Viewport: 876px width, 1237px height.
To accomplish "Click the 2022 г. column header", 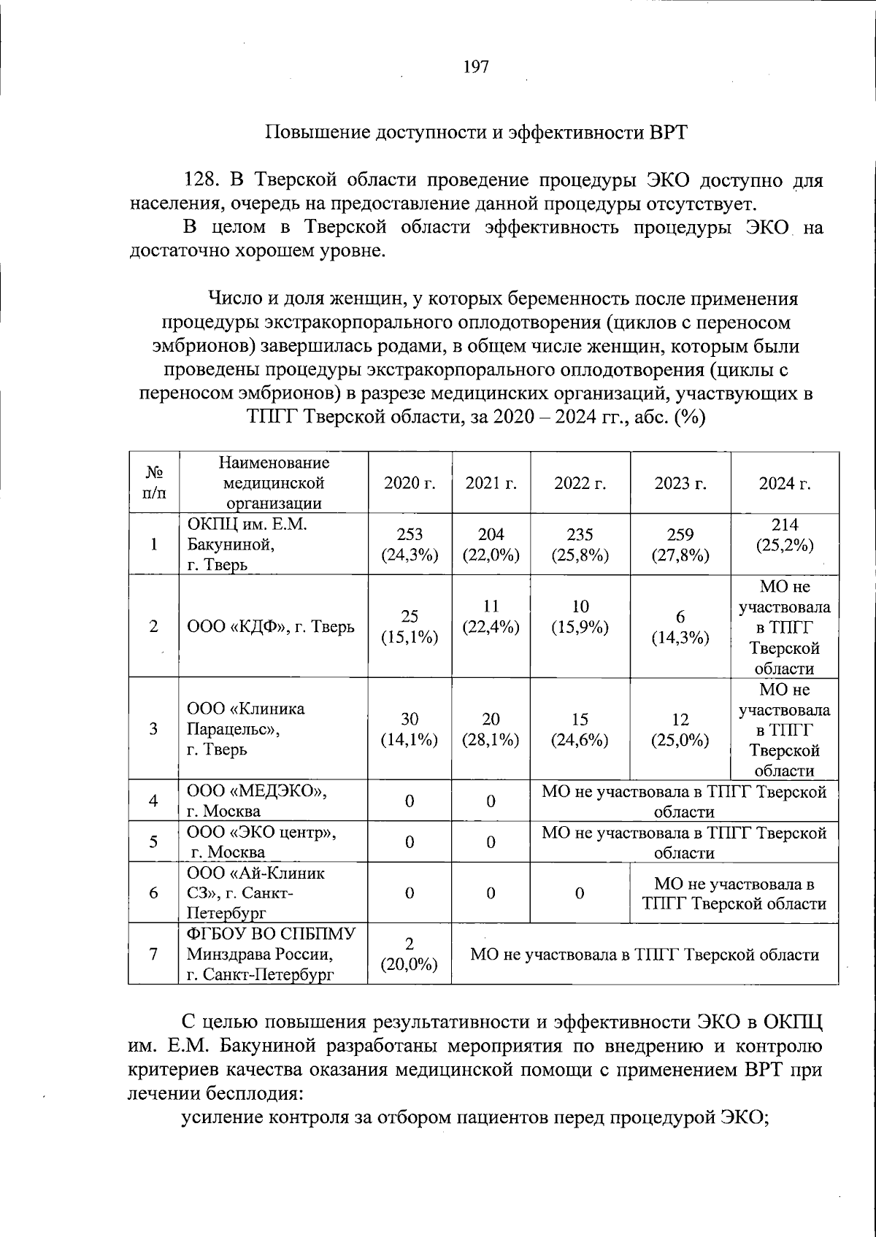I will pyautogui.click(x=580, y=483).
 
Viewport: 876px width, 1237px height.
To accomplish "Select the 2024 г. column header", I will pyautogui.click(x=785, y=483).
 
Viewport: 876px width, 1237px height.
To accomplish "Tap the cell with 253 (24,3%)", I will pyautogui.click(x=410, y=544).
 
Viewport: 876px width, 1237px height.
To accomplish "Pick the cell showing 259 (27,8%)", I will pyautogui.click(x=680, y=544).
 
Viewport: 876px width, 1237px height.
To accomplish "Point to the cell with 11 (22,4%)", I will pyautogui.click(x=491, y=617).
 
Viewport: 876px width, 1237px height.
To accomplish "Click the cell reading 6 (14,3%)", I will pyautogui.click(x=680, y=627).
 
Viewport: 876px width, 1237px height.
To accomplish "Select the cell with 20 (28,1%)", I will pyautogui.click(x=491, y=729).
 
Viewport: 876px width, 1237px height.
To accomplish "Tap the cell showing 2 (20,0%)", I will pyautogui.click(x=410, y=954).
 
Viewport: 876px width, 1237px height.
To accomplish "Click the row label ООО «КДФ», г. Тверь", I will pyautogui.click(x=271, y=627).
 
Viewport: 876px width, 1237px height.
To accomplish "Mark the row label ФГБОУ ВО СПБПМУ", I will pyautogui.click(x=271, y=935).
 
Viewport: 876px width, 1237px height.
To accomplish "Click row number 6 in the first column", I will pyautogui.click(x=153, y=893).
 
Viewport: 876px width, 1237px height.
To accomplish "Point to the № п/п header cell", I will pyautogui.click(x=153, y=483).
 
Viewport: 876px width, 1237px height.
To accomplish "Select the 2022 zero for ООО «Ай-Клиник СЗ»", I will pyautogui.click(x=580, y=893).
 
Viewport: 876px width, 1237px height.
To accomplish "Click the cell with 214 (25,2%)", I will pyautogui.click(x=785, y=535).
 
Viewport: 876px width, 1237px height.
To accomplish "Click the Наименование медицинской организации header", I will pyautogui.click(x=273, y=483).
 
